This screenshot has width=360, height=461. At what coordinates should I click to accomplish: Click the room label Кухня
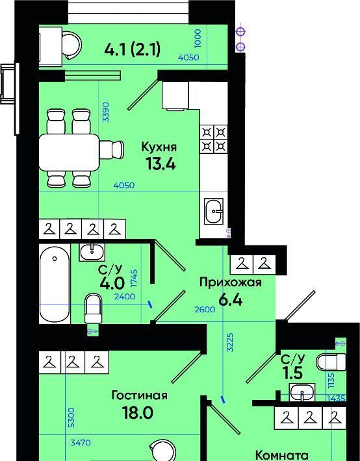pos(159,147)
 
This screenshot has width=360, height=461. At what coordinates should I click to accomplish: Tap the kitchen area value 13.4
pos(161,164)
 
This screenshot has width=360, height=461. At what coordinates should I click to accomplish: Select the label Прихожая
pos(231,282)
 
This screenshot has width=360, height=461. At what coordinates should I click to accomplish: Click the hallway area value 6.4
pos(231,300)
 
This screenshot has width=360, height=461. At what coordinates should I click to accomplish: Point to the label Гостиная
pos(139,395)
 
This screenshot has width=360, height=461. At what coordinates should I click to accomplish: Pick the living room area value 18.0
pos(138,413)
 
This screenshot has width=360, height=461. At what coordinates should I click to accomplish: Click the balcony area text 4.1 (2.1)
pos(132,49)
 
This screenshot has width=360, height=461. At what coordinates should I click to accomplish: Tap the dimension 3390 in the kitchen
pos(106,112)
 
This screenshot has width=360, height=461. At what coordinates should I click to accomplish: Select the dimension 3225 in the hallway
pos(230,342)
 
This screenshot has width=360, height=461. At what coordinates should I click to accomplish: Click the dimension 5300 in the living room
pos(71,417)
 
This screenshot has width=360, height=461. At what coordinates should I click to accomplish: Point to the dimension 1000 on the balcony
pos(198,38)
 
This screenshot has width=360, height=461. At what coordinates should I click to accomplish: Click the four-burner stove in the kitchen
pos(214,140)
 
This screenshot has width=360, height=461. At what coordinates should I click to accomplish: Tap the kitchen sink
pos(214,211)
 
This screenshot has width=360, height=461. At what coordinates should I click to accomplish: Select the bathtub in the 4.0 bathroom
pos(55,284)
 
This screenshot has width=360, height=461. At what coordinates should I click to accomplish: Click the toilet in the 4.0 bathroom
pos(93,308)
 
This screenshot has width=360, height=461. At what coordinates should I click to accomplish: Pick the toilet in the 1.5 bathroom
pos(331,362)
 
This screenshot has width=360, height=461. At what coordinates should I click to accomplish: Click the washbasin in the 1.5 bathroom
pos(302,392)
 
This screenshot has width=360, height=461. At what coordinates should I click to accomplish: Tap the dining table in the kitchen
pos(70,153)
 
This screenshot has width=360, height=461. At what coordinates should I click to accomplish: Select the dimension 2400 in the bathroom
pos(125,297)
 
